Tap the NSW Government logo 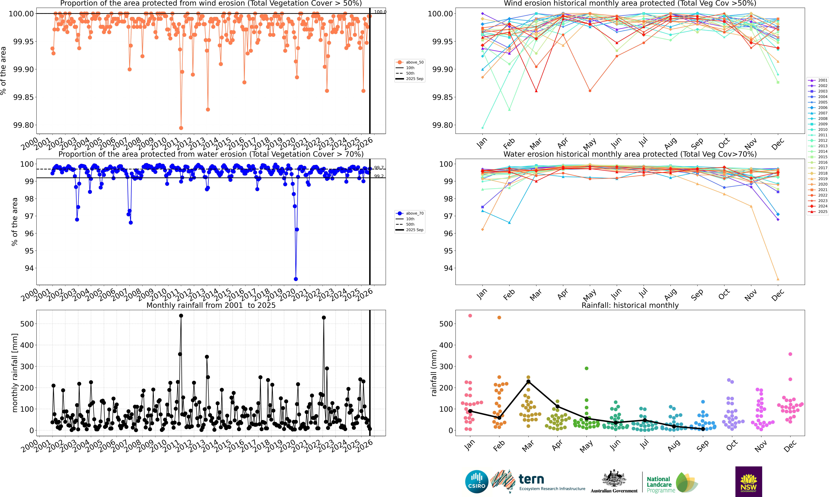[x=749, y=481]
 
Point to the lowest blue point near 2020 [x=296, y=279]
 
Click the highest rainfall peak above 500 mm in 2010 [x=181, y=315]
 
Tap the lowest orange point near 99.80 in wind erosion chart [x=181, y=128]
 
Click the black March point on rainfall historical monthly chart [x=528, y=381]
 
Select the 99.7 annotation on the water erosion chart [x=379, y=168]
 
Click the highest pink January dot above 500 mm [x=470, y=316]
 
